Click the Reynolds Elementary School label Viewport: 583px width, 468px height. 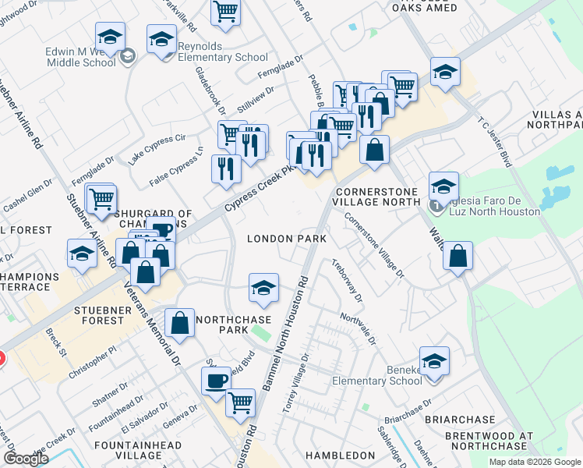pos(223,51)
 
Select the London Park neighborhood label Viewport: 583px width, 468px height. pos(281,239)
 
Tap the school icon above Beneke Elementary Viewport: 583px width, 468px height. pos(434,361)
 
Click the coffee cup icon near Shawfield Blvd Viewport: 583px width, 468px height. pos(216,382)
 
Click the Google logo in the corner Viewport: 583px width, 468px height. pos(26,458)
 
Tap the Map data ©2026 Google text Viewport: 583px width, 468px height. pos(534,462)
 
